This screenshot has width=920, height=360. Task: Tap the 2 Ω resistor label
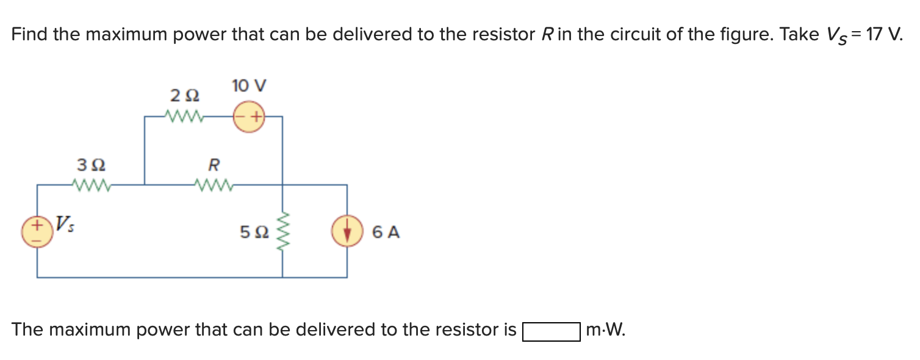click(x=184, y=96)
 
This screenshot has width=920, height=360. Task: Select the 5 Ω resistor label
click(x=254, y=232)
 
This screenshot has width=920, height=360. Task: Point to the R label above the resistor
click(x=214, y=165)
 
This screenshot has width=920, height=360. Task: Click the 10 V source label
click(x=249, y=86)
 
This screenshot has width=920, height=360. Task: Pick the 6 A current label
click(x=386, y=232)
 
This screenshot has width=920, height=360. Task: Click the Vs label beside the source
click(x=63, y=223)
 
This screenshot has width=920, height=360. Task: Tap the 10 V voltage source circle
click(x=249, y=116)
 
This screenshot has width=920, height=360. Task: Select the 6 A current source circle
click(x=347, y=232)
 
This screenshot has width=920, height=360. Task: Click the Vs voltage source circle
click(x=37, y=232)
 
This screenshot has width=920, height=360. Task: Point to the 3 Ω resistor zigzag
click(x=90, y=184)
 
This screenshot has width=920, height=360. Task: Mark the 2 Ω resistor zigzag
click(x=184, y=115)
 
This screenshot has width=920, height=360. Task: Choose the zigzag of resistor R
click(x=213, y=184)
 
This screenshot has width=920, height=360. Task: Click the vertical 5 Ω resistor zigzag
click(x=282, y=232)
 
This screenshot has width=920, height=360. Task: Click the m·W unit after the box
click(x=605, y=331)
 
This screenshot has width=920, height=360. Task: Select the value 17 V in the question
click(x=881, y=35)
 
